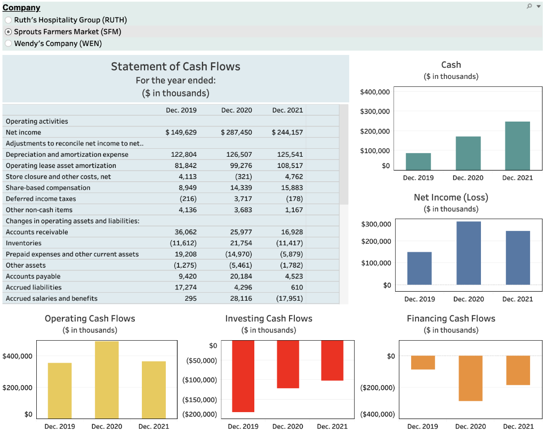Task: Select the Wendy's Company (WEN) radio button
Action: pyautogui.click(x=8, y=44)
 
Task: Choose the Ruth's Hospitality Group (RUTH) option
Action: pyautogui.click(x=8, y=20)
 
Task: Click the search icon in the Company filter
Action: pyautogui.click(x=529, y=6)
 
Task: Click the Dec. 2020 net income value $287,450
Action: pyautogui.click(x=237, y=132)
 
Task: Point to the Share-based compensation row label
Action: pyautogui.click(x=48, y=188)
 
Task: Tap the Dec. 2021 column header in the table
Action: pyautogui.click(x=287, y=110)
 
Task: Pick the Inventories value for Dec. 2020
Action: pyautogui.click(x=241, y=243)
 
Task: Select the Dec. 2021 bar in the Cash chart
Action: pyautogui.click(x=517, y=146)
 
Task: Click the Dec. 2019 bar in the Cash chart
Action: pyautogui.click(x=419, y=162)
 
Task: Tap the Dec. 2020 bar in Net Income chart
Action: pyautogui.click(x=469, y=253)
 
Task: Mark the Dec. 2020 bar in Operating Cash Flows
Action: pyautogui.click(x=107, y=380)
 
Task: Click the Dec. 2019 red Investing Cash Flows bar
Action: pyautogui.click(x=243, y=376)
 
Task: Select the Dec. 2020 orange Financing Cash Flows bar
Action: pyautogui.click(x=470, y=378)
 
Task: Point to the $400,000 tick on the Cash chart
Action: pyautogui.click(x=375, y=92)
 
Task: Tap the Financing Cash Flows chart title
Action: pyautogui.click(x=451, y=319)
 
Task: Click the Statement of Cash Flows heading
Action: pyautogui.click(x=175, y=67)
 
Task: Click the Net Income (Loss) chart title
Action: pyautogui.click(x=451, y=197)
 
